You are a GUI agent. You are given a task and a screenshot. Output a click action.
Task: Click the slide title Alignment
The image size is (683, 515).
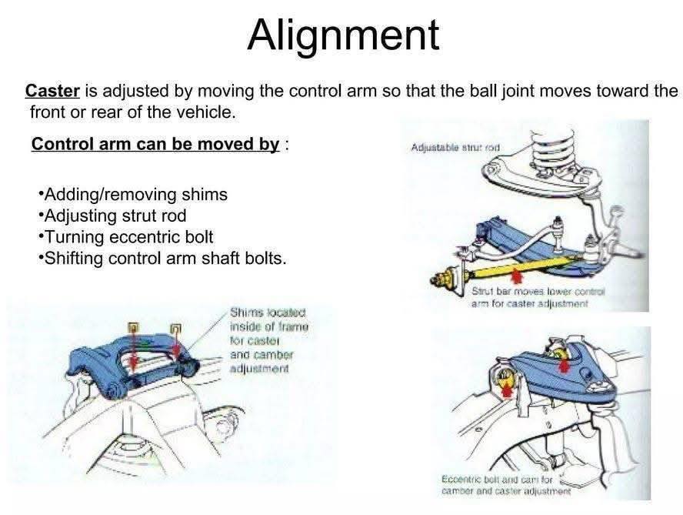click(343, 35)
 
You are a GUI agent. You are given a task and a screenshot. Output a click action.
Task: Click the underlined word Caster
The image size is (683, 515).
click(52, 91)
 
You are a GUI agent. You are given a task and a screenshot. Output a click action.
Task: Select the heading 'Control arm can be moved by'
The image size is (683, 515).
click(155, 144)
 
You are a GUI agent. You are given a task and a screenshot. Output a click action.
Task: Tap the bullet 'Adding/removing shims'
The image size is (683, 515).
click(133, 195)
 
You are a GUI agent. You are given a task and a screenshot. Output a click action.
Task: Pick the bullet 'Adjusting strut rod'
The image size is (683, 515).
click(112, 216)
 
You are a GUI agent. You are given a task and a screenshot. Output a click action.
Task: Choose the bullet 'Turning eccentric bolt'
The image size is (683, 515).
click(126, 237)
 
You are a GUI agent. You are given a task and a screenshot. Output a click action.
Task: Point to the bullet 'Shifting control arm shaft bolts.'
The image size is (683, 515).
click(162, 259)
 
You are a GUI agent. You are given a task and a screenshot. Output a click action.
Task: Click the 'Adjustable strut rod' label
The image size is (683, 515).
click(455, 147)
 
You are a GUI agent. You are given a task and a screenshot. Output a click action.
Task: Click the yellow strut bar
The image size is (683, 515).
click(521, 268)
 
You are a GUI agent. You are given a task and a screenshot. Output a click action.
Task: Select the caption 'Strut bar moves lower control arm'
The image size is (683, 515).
click(538, 297)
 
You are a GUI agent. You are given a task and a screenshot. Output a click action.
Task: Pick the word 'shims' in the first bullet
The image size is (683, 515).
click(205, 195)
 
